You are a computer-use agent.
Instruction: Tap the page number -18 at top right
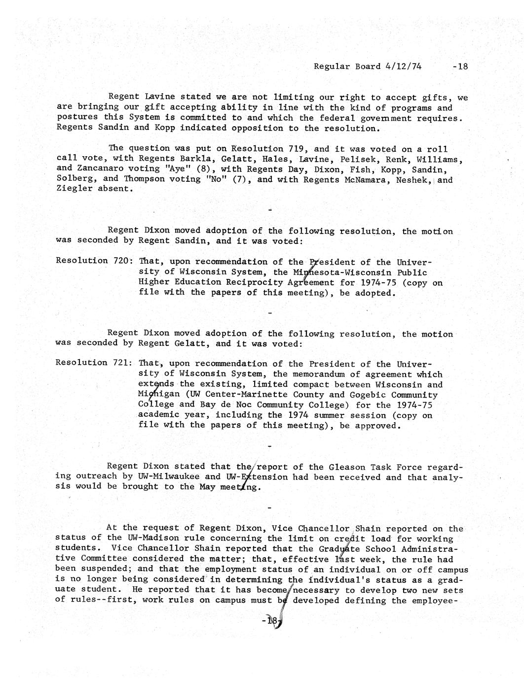tap(459, 67)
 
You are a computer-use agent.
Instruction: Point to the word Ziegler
tap(74, 189)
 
